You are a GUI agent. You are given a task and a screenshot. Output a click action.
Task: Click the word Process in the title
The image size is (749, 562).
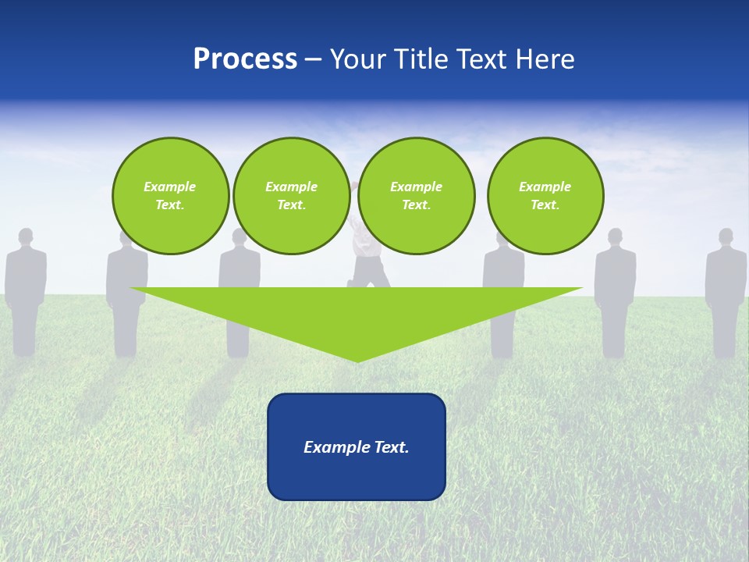245,59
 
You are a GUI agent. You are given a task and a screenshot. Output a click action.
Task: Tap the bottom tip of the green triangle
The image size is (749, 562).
357,360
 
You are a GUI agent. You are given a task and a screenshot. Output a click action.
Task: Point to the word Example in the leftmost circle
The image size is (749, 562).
170,187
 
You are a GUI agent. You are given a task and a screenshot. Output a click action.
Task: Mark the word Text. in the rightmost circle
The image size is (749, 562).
545,205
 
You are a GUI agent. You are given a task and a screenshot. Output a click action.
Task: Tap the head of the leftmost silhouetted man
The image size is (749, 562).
26,237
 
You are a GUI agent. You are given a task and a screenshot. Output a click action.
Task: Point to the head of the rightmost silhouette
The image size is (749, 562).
726,237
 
